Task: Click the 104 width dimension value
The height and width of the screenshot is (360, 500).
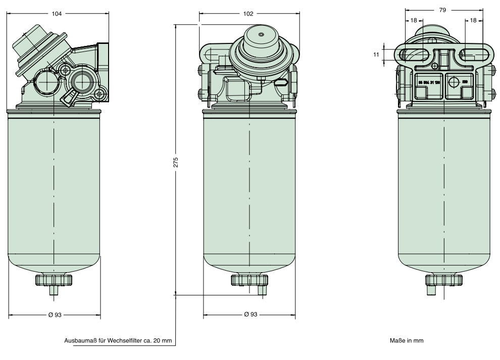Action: click(57, 14)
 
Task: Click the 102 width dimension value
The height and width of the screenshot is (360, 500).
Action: click(248, 14)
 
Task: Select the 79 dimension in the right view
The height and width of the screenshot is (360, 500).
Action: click(443, 10)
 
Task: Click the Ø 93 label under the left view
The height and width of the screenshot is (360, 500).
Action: click(55, 315)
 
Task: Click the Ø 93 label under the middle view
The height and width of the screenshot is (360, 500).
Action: click(250, 314)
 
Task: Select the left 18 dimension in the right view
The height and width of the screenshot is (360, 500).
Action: click(414, 21)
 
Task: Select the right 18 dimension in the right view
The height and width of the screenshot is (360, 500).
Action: click(473, 21)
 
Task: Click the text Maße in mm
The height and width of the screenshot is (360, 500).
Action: click(406, 341)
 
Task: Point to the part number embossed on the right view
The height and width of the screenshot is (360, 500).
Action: click(429, 81)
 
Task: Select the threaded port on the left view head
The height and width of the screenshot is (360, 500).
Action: click(81, 80)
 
